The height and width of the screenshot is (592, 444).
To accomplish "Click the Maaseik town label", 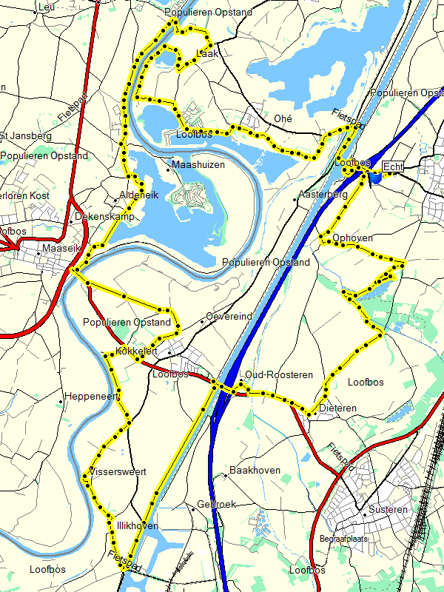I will (61, 249).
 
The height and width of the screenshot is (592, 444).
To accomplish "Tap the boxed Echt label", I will (394, 167).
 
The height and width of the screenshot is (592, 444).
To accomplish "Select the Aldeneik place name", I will (139, 195).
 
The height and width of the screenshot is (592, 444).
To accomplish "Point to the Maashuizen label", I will (198, 164).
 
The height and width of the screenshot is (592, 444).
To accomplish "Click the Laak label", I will (207, 53).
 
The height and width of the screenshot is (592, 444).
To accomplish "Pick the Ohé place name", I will (283, 118).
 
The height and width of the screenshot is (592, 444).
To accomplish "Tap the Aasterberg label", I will (322, 194).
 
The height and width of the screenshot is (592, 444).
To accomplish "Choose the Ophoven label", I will (353, 238).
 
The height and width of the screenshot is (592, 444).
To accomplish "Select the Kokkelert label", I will (138, 351).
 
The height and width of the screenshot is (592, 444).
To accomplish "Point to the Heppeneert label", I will (92, 397).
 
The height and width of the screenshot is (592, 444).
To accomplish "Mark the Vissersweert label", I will (118, 471).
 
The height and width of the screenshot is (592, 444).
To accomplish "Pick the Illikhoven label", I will (137, 525).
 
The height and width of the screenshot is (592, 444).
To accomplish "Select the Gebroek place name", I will (216, 504).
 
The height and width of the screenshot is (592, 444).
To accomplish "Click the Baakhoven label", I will (255, 470).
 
